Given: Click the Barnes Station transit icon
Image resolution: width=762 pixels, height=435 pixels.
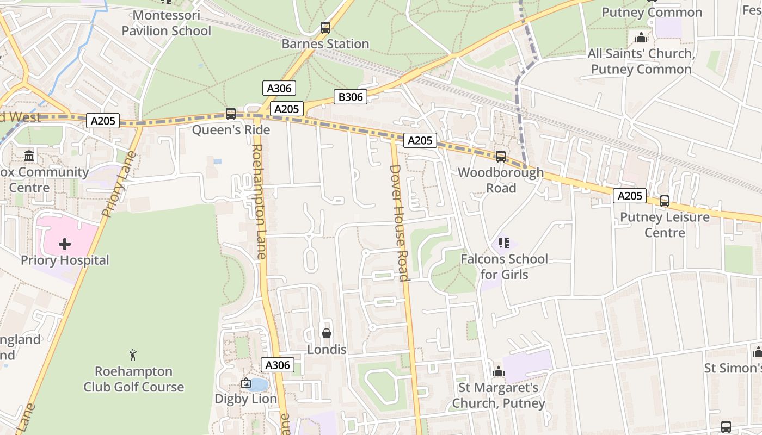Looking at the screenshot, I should click(325, 27).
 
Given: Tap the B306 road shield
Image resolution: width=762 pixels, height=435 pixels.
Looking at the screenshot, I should click(351, 97).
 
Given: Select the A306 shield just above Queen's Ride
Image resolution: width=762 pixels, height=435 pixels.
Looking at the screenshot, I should click(279, 88).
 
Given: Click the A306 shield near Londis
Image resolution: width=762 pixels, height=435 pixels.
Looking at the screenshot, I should click(278, 365).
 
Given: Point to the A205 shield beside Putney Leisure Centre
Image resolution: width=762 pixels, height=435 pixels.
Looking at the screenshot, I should click(630, 196).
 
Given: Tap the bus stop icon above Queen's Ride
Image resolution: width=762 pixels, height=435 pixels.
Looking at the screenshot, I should click(231, 114).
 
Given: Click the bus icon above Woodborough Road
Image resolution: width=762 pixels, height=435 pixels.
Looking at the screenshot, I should click(500, 157).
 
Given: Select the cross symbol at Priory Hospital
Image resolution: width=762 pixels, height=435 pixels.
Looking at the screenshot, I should click(65, 244).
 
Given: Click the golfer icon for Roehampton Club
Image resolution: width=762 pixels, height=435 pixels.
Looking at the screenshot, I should click(133, 356).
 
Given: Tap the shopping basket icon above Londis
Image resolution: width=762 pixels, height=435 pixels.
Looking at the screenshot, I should click(327, 333).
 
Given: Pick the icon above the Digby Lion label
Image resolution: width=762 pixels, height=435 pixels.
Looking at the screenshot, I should click(246, 383).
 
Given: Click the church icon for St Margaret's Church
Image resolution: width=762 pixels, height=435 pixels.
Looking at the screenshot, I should click(498, 372).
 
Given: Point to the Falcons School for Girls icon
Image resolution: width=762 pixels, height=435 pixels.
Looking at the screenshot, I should click(503, 243).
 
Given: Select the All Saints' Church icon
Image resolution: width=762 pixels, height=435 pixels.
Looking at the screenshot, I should click(641, 38).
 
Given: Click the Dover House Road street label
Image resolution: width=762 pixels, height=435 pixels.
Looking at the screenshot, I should click(399, 223).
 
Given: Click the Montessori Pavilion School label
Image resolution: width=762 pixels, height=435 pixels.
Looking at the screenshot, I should click(166, 23).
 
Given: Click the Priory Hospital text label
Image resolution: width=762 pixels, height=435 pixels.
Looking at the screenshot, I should click(65, 260).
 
